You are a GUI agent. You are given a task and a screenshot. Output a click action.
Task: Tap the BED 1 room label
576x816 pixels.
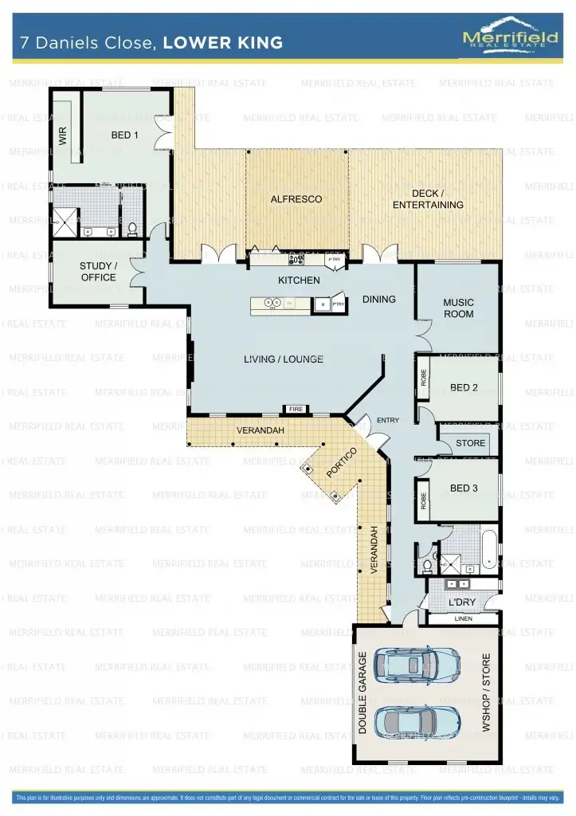[x=125, y=135]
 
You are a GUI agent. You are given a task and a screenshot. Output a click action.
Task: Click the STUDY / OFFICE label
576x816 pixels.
[x=98, y=272]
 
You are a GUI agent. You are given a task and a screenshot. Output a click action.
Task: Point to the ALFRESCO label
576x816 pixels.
[x=296, y=199]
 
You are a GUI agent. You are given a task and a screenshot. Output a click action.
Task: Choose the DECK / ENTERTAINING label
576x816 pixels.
[x=428, y=199]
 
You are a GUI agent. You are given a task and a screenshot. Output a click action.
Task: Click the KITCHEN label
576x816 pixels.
[x=299, y=280]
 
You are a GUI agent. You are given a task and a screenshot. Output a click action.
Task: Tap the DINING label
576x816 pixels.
[x=379, y=300]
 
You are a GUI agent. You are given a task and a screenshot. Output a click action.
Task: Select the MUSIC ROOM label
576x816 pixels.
[x=458, y=308]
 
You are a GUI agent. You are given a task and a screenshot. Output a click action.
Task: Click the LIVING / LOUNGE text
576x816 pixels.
[x=284, y=359]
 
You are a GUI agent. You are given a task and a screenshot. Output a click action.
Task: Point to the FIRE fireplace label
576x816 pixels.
[x=296, y=410]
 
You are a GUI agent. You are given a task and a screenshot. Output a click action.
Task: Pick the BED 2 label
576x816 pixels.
[x=464, y=388]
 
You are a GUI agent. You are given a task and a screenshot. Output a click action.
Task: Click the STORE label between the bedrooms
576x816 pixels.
[x=470, y=443]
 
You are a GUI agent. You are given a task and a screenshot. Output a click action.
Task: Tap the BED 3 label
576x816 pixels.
[x=464, y=488]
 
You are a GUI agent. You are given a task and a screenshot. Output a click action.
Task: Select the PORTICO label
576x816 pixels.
[x=341, y=463]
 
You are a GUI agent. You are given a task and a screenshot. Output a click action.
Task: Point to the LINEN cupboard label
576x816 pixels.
[x=463, y=618]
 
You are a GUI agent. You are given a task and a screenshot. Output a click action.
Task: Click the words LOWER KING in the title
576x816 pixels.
[x=222, y=43]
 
